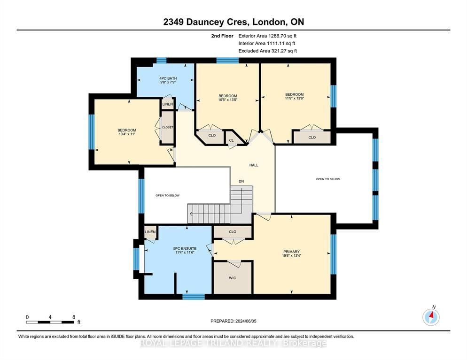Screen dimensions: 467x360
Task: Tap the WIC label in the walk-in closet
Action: point(232,278)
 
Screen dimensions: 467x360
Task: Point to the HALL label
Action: point(254,165)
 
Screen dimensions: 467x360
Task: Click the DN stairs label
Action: point(241,181)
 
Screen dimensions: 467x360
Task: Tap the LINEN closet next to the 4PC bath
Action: point(167,104)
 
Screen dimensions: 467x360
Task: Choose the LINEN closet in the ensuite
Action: point(150,232)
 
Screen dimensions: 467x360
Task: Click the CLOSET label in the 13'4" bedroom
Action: point(167,127)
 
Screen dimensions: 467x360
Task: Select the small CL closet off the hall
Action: point(232,140)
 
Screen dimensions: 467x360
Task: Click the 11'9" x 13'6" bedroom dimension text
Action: point(294,98)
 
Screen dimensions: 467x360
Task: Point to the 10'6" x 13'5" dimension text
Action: point(227,100)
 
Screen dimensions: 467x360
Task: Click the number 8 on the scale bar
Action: point(74,317)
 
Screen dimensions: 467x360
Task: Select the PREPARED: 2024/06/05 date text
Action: point(233,321)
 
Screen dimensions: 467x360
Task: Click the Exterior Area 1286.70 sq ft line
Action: point(267,36)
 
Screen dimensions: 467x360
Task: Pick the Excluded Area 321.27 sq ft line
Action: point(268,51)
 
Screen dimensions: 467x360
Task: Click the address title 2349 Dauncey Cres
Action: point(205,22)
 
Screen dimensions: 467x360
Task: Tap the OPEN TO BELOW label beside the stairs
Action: point(167,195)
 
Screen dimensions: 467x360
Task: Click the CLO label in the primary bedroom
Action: point(233,231)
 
